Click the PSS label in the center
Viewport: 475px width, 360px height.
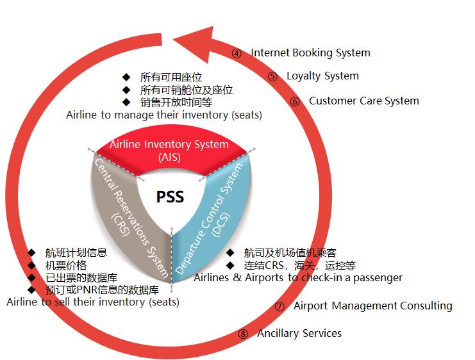(171, 196)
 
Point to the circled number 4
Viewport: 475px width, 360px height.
(237, 54)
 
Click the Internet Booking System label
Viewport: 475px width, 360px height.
(310, 53)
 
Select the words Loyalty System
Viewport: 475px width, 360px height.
(322, 76)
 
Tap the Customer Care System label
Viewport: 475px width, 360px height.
(363, 101)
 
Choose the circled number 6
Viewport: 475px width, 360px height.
(295, 101)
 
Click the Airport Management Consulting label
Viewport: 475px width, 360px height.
(372, 306)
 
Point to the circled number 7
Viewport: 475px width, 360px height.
(279, 306)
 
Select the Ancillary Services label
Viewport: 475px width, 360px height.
(299, 333)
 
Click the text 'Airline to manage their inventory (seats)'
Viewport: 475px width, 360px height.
(164, 115)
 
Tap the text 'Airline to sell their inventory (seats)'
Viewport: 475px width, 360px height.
(93, 302)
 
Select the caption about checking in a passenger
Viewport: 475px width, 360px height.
(297, 277)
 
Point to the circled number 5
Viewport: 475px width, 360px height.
(272, 77)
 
